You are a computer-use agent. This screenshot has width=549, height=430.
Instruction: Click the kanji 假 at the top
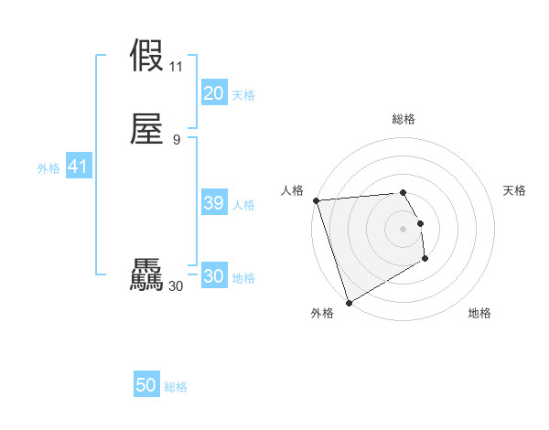146,58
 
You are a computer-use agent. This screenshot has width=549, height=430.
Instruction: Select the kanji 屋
146,128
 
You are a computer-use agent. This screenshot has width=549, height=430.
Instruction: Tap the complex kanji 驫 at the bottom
146,275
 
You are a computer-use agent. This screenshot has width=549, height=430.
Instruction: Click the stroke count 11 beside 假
176,66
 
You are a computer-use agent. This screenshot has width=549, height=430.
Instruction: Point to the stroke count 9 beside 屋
177,139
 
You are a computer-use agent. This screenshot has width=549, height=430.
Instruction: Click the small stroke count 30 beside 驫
176,286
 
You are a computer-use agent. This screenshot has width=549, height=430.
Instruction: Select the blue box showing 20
213,93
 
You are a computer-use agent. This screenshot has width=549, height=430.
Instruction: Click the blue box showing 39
213,203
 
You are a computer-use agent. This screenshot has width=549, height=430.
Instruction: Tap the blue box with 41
78,167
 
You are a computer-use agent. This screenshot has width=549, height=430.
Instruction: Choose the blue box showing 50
146,386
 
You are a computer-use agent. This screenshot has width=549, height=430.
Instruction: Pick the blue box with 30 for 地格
213,276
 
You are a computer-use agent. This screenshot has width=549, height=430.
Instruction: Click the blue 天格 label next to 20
243,95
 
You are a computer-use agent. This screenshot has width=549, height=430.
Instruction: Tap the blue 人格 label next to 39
243,205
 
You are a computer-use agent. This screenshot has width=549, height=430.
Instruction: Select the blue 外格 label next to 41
48,168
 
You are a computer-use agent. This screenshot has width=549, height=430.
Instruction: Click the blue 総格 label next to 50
176,387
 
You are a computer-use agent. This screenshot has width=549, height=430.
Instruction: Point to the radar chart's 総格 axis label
404,119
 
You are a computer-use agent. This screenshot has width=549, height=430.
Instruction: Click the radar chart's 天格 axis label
514,190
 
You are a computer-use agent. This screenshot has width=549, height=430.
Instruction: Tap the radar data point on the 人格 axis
316,200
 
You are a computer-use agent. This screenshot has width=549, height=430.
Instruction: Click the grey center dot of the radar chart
404,228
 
